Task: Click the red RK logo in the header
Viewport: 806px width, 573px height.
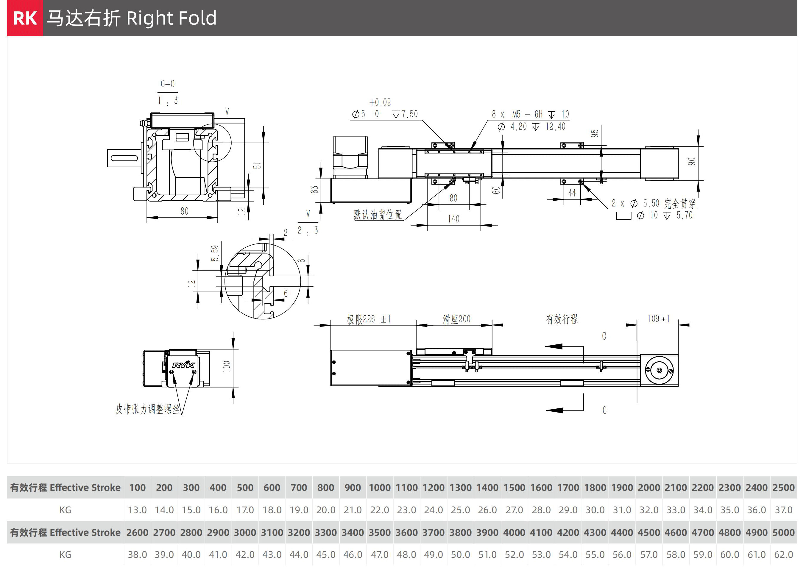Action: point(25,18)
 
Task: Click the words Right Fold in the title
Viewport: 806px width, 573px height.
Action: point(171,18)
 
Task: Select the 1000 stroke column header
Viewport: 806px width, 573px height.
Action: point(379,488)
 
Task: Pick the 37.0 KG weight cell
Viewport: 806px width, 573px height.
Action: point(783,510)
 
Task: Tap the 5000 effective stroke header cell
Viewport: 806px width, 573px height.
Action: point(783,533)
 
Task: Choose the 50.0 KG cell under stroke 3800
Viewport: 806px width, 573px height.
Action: point(460,555)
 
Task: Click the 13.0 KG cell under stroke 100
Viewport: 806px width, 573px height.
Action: point(137,510)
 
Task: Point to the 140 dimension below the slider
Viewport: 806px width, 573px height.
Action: point(453,219)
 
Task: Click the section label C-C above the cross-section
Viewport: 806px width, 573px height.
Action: point(168,84)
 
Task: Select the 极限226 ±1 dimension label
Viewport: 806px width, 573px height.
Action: point(368,319)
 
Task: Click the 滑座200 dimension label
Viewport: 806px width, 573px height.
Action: point(456,319)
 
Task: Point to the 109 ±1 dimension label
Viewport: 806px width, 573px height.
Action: point(658,319)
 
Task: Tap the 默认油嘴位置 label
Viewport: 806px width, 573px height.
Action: point(378,215)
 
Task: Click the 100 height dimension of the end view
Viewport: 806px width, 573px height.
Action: point(227,366)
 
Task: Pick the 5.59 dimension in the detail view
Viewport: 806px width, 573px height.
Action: point(215,253)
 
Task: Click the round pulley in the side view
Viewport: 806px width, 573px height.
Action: point(659,370)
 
